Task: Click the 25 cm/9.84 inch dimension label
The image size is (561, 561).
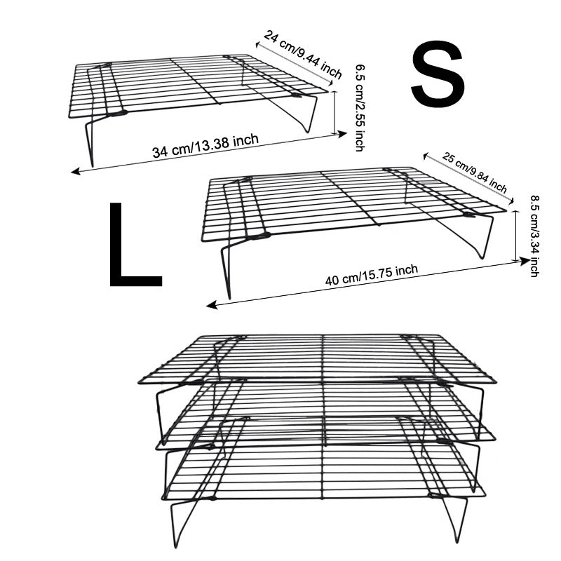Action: (x=475, y=173)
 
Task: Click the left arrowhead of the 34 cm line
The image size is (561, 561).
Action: (x=74, y=170)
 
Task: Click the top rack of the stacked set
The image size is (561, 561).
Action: (x=319, y=358)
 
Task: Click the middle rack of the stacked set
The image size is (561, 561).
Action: (x=323, y=414)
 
